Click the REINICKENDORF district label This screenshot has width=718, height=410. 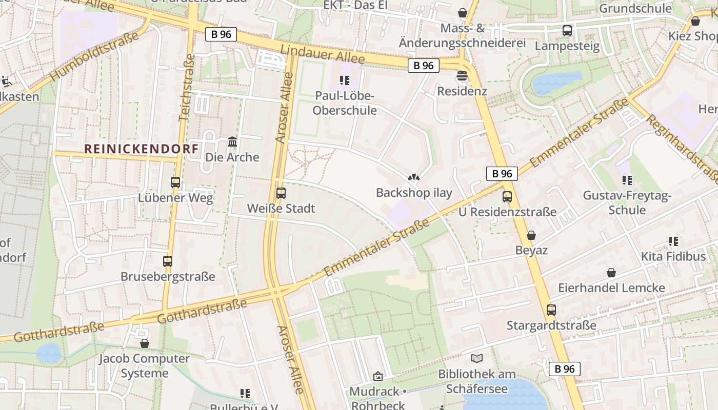tap(141, 149)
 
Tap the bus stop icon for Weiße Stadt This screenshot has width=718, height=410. tap(281, 193)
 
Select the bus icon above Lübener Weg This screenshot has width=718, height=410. tap(175, 182)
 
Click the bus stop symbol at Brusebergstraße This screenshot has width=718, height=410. tap(168, 261)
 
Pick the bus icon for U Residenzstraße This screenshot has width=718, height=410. tap(507, 196)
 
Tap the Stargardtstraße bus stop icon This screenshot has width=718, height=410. tap(551, 310)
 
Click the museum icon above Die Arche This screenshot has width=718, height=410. tap(232, 141)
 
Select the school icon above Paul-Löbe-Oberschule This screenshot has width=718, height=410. tap(345, 80)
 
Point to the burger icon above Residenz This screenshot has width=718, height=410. tap(462, 76)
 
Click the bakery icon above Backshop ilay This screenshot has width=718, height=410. tap(413, 177)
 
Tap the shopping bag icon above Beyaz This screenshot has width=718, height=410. tap(531, 235)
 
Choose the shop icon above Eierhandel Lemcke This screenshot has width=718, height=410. tap(611, 272)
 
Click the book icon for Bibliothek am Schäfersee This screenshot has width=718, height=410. tap(477, 358)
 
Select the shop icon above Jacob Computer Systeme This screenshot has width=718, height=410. tap(145, 343)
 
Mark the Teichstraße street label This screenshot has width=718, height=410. tap(187, 87)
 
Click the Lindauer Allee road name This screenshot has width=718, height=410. tap(323, 54)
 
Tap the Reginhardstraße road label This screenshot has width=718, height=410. tap(682, 149)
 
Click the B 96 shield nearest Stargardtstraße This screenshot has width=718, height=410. tap(565, 368)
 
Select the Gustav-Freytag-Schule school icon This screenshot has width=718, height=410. tap(627, 180)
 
